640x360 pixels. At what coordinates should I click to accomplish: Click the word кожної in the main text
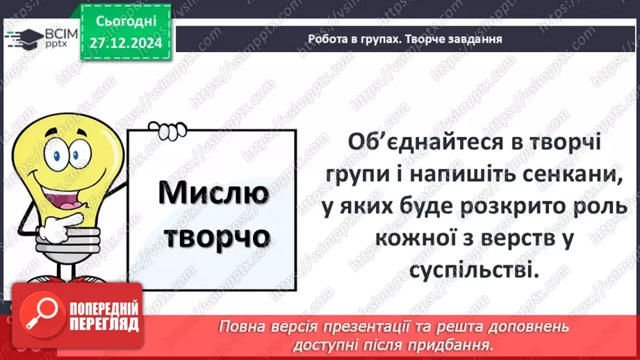[x=416, y=239]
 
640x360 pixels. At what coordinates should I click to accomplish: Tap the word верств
[x=521, y=239]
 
